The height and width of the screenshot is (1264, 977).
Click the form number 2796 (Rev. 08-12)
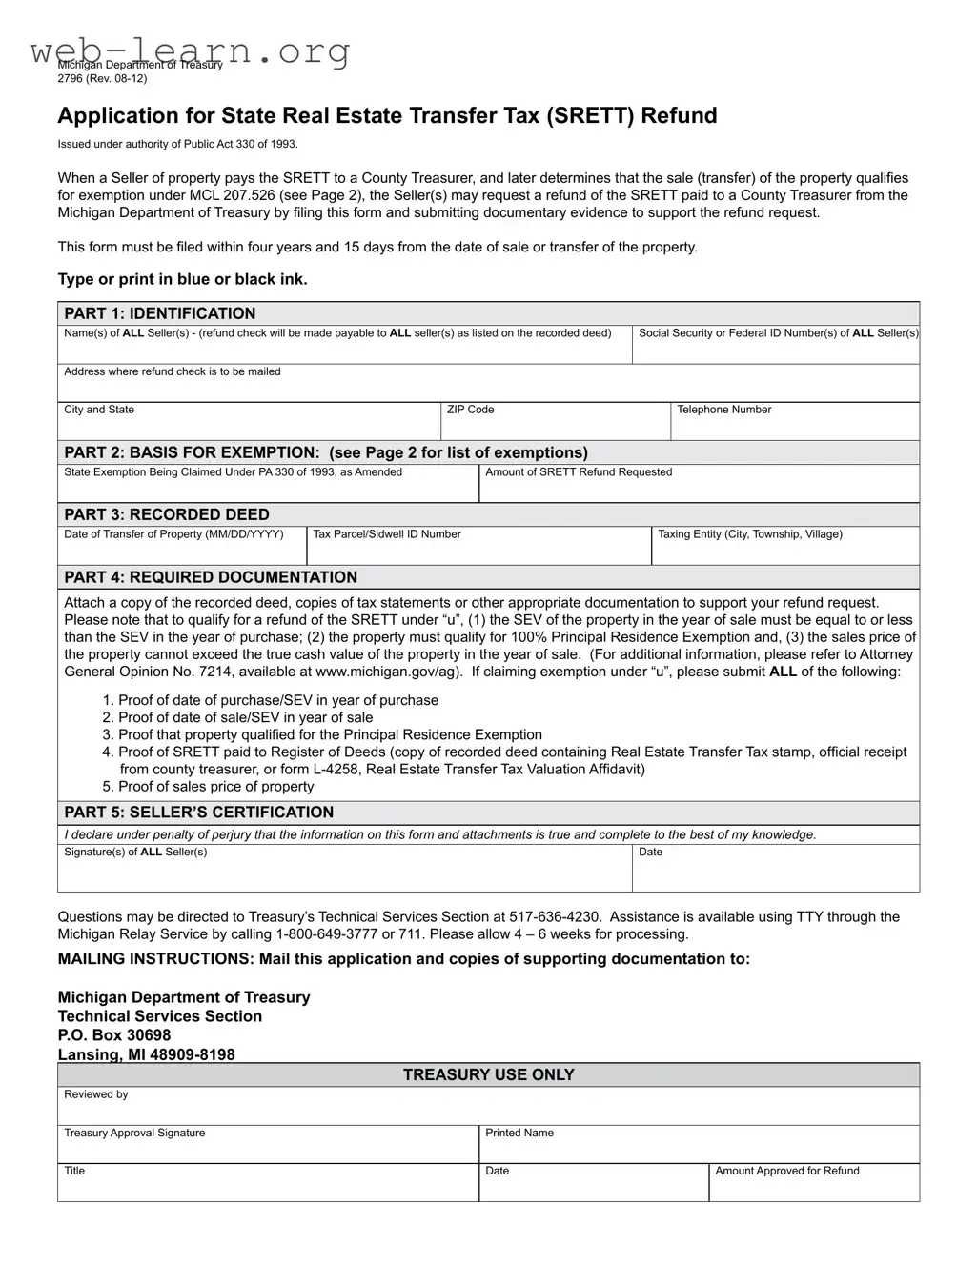click(x=102, y=78)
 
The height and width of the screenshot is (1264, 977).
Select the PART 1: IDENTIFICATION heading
click(x=159, y=313)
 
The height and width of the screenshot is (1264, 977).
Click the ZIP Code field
click(x=555, y=422)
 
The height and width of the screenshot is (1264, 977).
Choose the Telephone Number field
click(x=794, y=422)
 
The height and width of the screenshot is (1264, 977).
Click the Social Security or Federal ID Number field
click(x=776, y=345)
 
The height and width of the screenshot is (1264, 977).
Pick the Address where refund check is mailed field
click(x=487, y=383)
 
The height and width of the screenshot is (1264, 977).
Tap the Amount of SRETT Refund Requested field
click(x=698, y=484)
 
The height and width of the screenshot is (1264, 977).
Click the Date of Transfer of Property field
click(x=181, y=546)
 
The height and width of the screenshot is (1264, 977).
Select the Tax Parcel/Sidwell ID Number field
click(x=478, y=546)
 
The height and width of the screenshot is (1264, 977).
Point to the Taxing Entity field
click(x=784, y=546)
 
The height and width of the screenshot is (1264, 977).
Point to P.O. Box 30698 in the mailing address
click(x=114, y=1035)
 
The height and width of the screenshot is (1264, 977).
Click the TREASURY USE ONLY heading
click(x=488, y=1075)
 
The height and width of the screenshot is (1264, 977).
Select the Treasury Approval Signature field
click(x=267, y=1145)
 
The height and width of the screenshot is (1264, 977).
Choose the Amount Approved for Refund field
click(x=813, y=1183)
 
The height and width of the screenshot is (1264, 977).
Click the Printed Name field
click(x=698, y=1145)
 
